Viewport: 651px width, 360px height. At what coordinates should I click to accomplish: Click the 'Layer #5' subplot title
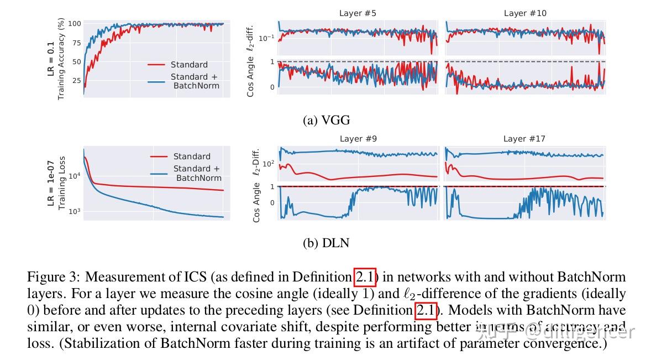click(358, 13)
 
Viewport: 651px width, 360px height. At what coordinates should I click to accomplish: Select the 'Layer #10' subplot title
click(525, 13)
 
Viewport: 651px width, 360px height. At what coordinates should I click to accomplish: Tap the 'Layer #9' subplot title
click(358, 139)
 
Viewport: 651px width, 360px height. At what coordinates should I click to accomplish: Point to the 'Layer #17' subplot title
click(525, 139)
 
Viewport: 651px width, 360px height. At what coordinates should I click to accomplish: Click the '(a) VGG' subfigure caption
click(326, 120)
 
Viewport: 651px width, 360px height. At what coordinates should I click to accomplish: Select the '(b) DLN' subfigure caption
click(326, 242)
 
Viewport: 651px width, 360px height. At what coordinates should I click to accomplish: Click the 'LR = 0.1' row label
click(51, 58)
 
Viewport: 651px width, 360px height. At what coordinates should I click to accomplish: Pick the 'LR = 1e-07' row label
click(51, 182)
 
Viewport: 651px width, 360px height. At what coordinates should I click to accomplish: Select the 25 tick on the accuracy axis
click(77, 81)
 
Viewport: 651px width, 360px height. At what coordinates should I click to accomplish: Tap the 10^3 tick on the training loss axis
click(75, 211)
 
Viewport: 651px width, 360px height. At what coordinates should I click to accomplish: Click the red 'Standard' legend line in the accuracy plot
click(157, 65)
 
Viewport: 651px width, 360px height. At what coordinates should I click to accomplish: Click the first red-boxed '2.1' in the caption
click(365, 276)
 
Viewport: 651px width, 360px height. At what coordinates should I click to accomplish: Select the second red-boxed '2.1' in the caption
click(426, 310)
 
